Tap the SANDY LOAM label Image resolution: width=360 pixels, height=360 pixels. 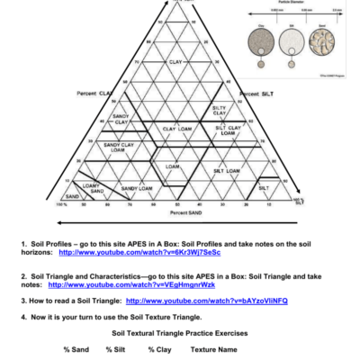(x=136, y=188)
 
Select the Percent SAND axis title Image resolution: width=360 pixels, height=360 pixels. (x=185, y=213)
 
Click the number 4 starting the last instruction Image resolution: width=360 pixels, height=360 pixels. (x=23, y=318)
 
